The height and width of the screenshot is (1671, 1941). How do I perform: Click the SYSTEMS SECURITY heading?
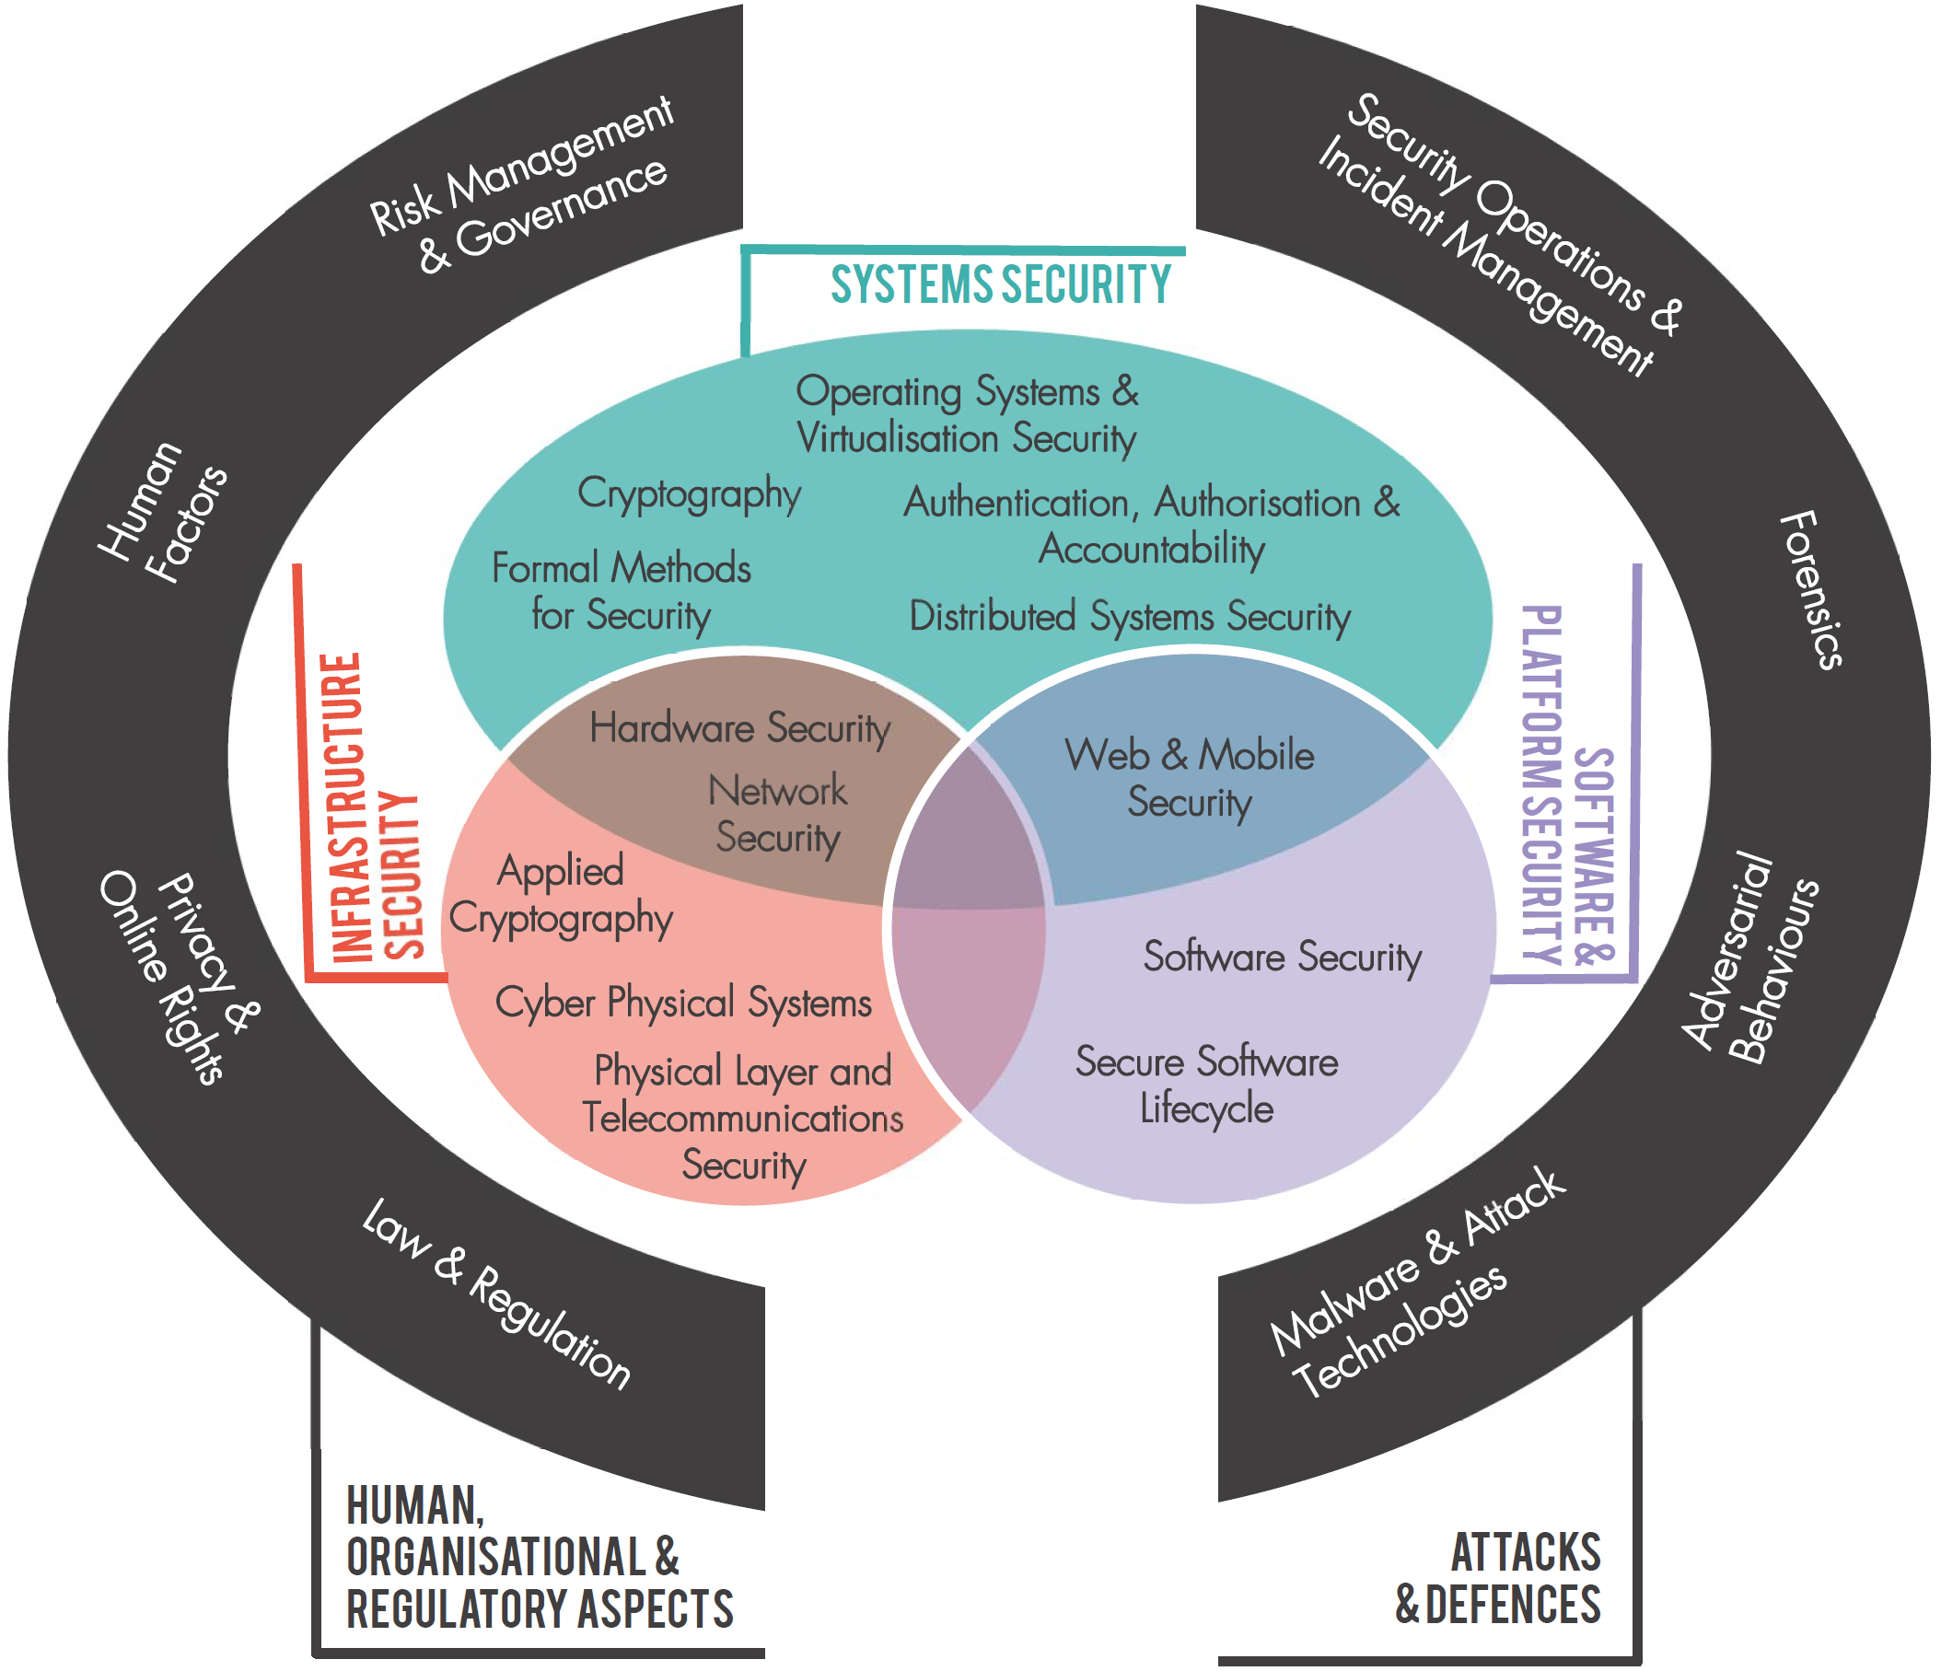[x=1000, y=284]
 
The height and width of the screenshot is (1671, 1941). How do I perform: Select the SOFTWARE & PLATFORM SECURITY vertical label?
[x=1568, y=785]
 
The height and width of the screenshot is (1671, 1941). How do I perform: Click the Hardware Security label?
[x=740, y=729]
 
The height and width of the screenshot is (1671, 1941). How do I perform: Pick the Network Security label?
[x=777, y=814]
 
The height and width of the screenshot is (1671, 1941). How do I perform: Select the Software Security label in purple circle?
[x=1283, y=957]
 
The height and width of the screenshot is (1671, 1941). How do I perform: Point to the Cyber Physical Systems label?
[x=683, y=1004]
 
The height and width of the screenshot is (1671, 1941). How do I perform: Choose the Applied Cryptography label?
[x=560, y=896]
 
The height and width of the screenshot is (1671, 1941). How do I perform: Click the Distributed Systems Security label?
[x=1130, y=617]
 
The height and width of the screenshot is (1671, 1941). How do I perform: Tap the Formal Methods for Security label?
[x=622, y=592]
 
